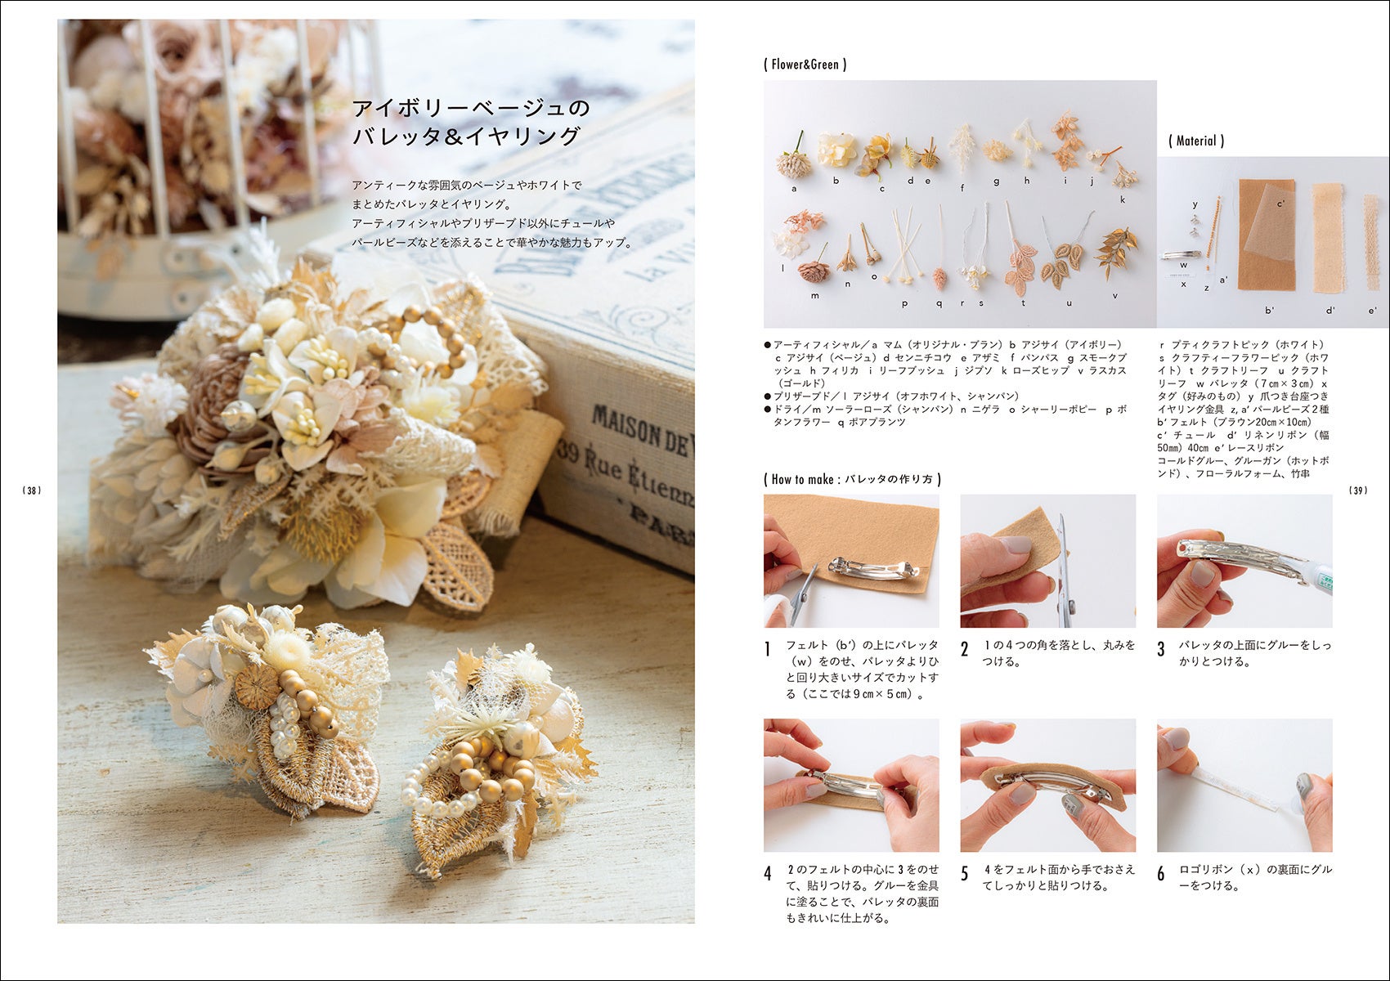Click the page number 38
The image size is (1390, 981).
(32, 490)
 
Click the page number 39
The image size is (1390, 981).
(1358, 490)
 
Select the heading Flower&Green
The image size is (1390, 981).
(805, 65)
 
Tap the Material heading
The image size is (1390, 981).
(1195, 141)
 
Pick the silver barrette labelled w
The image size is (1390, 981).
(1180, 254)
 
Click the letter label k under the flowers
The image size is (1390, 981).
(1123, 200)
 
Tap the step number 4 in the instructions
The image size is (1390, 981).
(768, 874)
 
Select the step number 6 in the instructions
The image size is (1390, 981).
(1160, 874)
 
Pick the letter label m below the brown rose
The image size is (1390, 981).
(814, 296)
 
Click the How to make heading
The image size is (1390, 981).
(852, 479)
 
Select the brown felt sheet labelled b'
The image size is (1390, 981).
(1266, 235)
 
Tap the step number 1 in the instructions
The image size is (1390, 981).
(768, 649)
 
